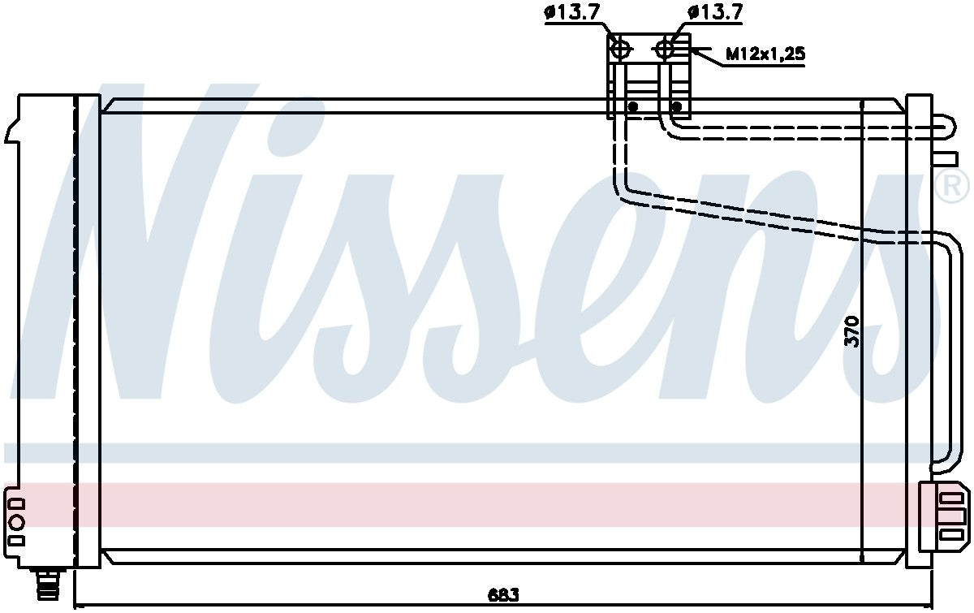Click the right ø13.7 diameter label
pyautogui.click(x=714, y=13)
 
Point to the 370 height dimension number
pyautogui.click(x=851, y=330)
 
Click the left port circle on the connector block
pyautogui.click(x=621, y=50)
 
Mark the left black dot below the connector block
pyautogui.click(x=633, y=106)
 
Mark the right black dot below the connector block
pyautogui.click(x=678, y=106)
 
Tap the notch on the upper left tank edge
pyautogui.click(x=11, y=130)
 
